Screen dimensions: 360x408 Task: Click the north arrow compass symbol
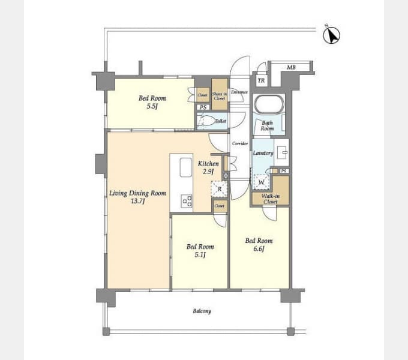coord(331,35)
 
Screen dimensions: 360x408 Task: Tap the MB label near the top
coord(290,68)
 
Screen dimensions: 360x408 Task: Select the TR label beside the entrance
coord(261,80)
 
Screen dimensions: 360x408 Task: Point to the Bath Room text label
coord(267,125)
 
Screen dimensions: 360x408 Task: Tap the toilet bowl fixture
coord(207,121)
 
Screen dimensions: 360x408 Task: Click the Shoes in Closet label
coord(220,95)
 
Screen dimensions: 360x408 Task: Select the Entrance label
coord(239,92)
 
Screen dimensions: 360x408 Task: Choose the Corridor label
coord(240,144)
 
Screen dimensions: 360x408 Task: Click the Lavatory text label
coord(263,153)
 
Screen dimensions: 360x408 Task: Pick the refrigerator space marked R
coord(220,189)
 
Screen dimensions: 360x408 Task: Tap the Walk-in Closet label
coord(271,199)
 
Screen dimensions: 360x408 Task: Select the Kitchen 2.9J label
coord(208,167)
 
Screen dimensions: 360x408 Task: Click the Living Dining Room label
coord(137,197)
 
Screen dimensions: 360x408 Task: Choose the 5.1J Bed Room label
coord(200,250)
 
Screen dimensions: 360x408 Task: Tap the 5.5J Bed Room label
coord(152,102)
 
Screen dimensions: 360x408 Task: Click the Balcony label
coord(202,311)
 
